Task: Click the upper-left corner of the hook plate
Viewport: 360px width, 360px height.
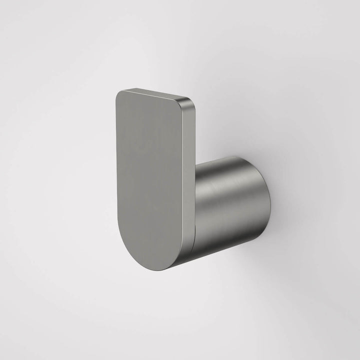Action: point(118,92)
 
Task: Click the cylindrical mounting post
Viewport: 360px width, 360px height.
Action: point(230,205)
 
